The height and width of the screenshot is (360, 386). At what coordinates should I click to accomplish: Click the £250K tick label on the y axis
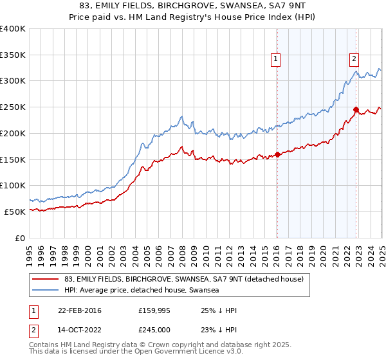coord(12,107)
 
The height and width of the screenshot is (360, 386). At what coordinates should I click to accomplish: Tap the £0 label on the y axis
coord(21,238)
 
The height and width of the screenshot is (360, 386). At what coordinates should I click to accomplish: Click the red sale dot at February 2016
coord(277,154)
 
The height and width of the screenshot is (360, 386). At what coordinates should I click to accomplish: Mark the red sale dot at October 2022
coord(356,109)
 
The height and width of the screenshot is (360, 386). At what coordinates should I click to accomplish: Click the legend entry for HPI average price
coord(142,290)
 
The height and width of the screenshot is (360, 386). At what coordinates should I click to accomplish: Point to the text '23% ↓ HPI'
coord(219,330)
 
